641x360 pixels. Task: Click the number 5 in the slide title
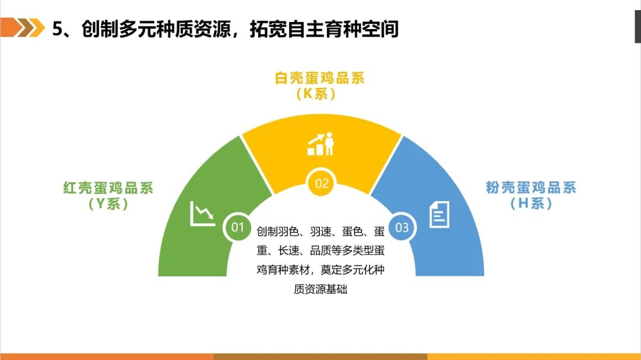tap(58, 30)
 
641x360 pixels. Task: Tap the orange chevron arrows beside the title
tap(23, 27)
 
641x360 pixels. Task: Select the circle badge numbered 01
tap(237, 227)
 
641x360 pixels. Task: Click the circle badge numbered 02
tap(321, 183)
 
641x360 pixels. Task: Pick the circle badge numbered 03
tap(402, 227)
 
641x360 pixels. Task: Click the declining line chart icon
tap(202, 214)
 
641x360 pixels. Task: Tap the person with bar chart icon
tap(321, 144)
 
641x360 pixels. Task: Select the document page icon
tap(439, 215)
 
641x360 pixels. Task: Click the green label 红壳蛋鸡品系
tap(109, 188)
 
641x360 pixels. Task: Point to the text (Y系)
tap(109, 203)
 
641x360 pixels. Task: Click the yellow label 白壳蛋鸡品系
tap(319, 78)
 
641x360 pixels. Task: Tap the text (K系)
tap(316, 94)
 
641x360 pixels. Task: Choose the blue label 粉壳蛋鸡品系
tap(531, 187)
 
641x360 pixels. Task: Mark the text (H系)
tap(531, 203)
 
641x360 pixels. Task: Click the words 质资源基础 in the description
tap(320, 289)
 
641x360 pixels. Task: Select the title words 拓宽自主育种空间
tap(324, 30)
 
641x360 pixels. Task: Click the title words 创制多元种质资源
tap(156, 30)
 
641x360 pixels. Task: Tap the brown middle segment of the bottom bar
tap(320, 356)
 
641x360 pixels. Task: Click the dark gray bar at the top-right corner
tap(637, 27)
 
